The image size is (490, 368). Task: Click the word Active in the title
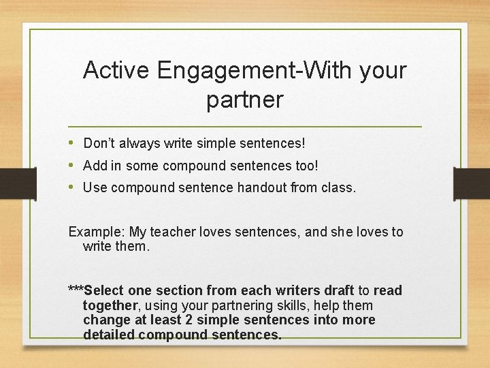click(x=117, y=70)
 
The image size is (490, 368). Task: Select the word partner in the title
click(x=244, y=100)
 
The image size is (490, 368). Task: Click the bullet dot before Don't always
click(x=72, y=143)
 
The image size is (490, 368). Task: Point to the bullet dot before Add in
click(x=72, y=166)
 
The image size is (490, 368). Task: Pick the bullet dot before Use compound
click(x=72, y=187)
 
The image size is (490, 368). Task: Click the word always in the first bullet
click(x=142, y=144)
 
